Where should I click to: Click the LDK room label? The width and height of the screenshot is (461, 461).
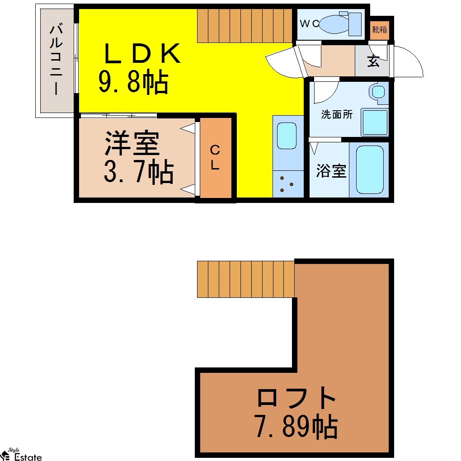[x=142, y=53]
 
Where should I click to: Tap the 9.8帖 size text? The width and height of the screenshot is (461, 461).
[x=133, y=82]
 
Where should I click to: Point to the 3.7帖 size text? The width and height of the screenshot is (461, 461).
[x=138, y=172]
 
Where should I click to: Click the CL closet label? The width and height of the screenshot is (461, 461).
[x=215, y=158]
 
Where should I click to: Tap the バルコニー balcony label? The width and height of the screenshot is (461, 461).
[x=56, y=60]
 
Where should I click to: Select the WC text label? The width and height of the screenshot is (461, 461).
[x=310, y=24]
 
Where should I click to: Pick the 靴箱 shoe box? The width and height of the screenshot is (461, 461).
[x=379, y=30]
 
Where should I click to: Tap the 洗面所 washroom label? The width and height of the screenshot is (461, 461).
[x=337, y=114]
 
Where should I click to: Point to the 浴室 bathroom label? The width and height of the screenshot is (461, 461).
[x=331, y=170]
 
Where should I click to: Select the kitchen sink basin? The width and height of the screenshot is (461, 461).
[x=287, y=136]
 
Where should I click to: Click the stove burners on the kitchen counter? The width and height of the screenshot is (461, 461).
[x=287, y=185]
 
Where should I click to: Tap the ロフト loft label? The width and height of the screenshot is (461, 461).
[x=296, y=397]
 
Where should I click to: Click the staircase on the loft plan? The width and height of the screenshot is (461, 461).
[x=246, y=279]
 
